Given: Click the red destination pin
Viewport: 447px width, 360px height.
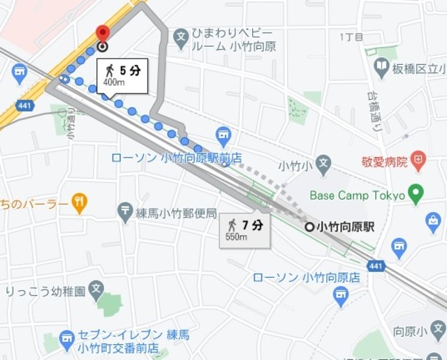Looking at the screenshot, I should point(103,34).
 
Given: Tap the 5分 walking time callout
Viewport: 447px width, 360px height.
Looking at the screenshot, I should point(122,75).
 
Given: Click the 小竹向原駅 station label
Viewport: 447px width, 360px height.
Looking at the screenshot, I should point(346,227).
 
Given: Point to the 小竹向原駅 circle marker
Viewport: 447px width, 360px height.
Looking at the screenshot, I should point(309,227).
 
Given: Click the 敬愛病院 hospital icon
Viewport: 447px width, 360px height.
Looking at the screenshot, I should point(418,161).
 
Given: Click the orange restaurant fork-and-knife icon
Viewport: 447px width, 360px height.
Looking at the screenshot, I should point(80,204).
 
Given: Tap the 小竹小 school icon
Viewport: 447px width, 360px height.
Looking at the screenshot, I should point(323,165).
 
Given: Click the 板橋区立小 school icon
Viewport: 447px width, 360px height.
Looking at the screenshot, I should point(381,67).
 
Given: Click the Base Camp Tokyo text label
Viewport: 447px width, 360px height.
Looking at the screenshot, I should point(358,195).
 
